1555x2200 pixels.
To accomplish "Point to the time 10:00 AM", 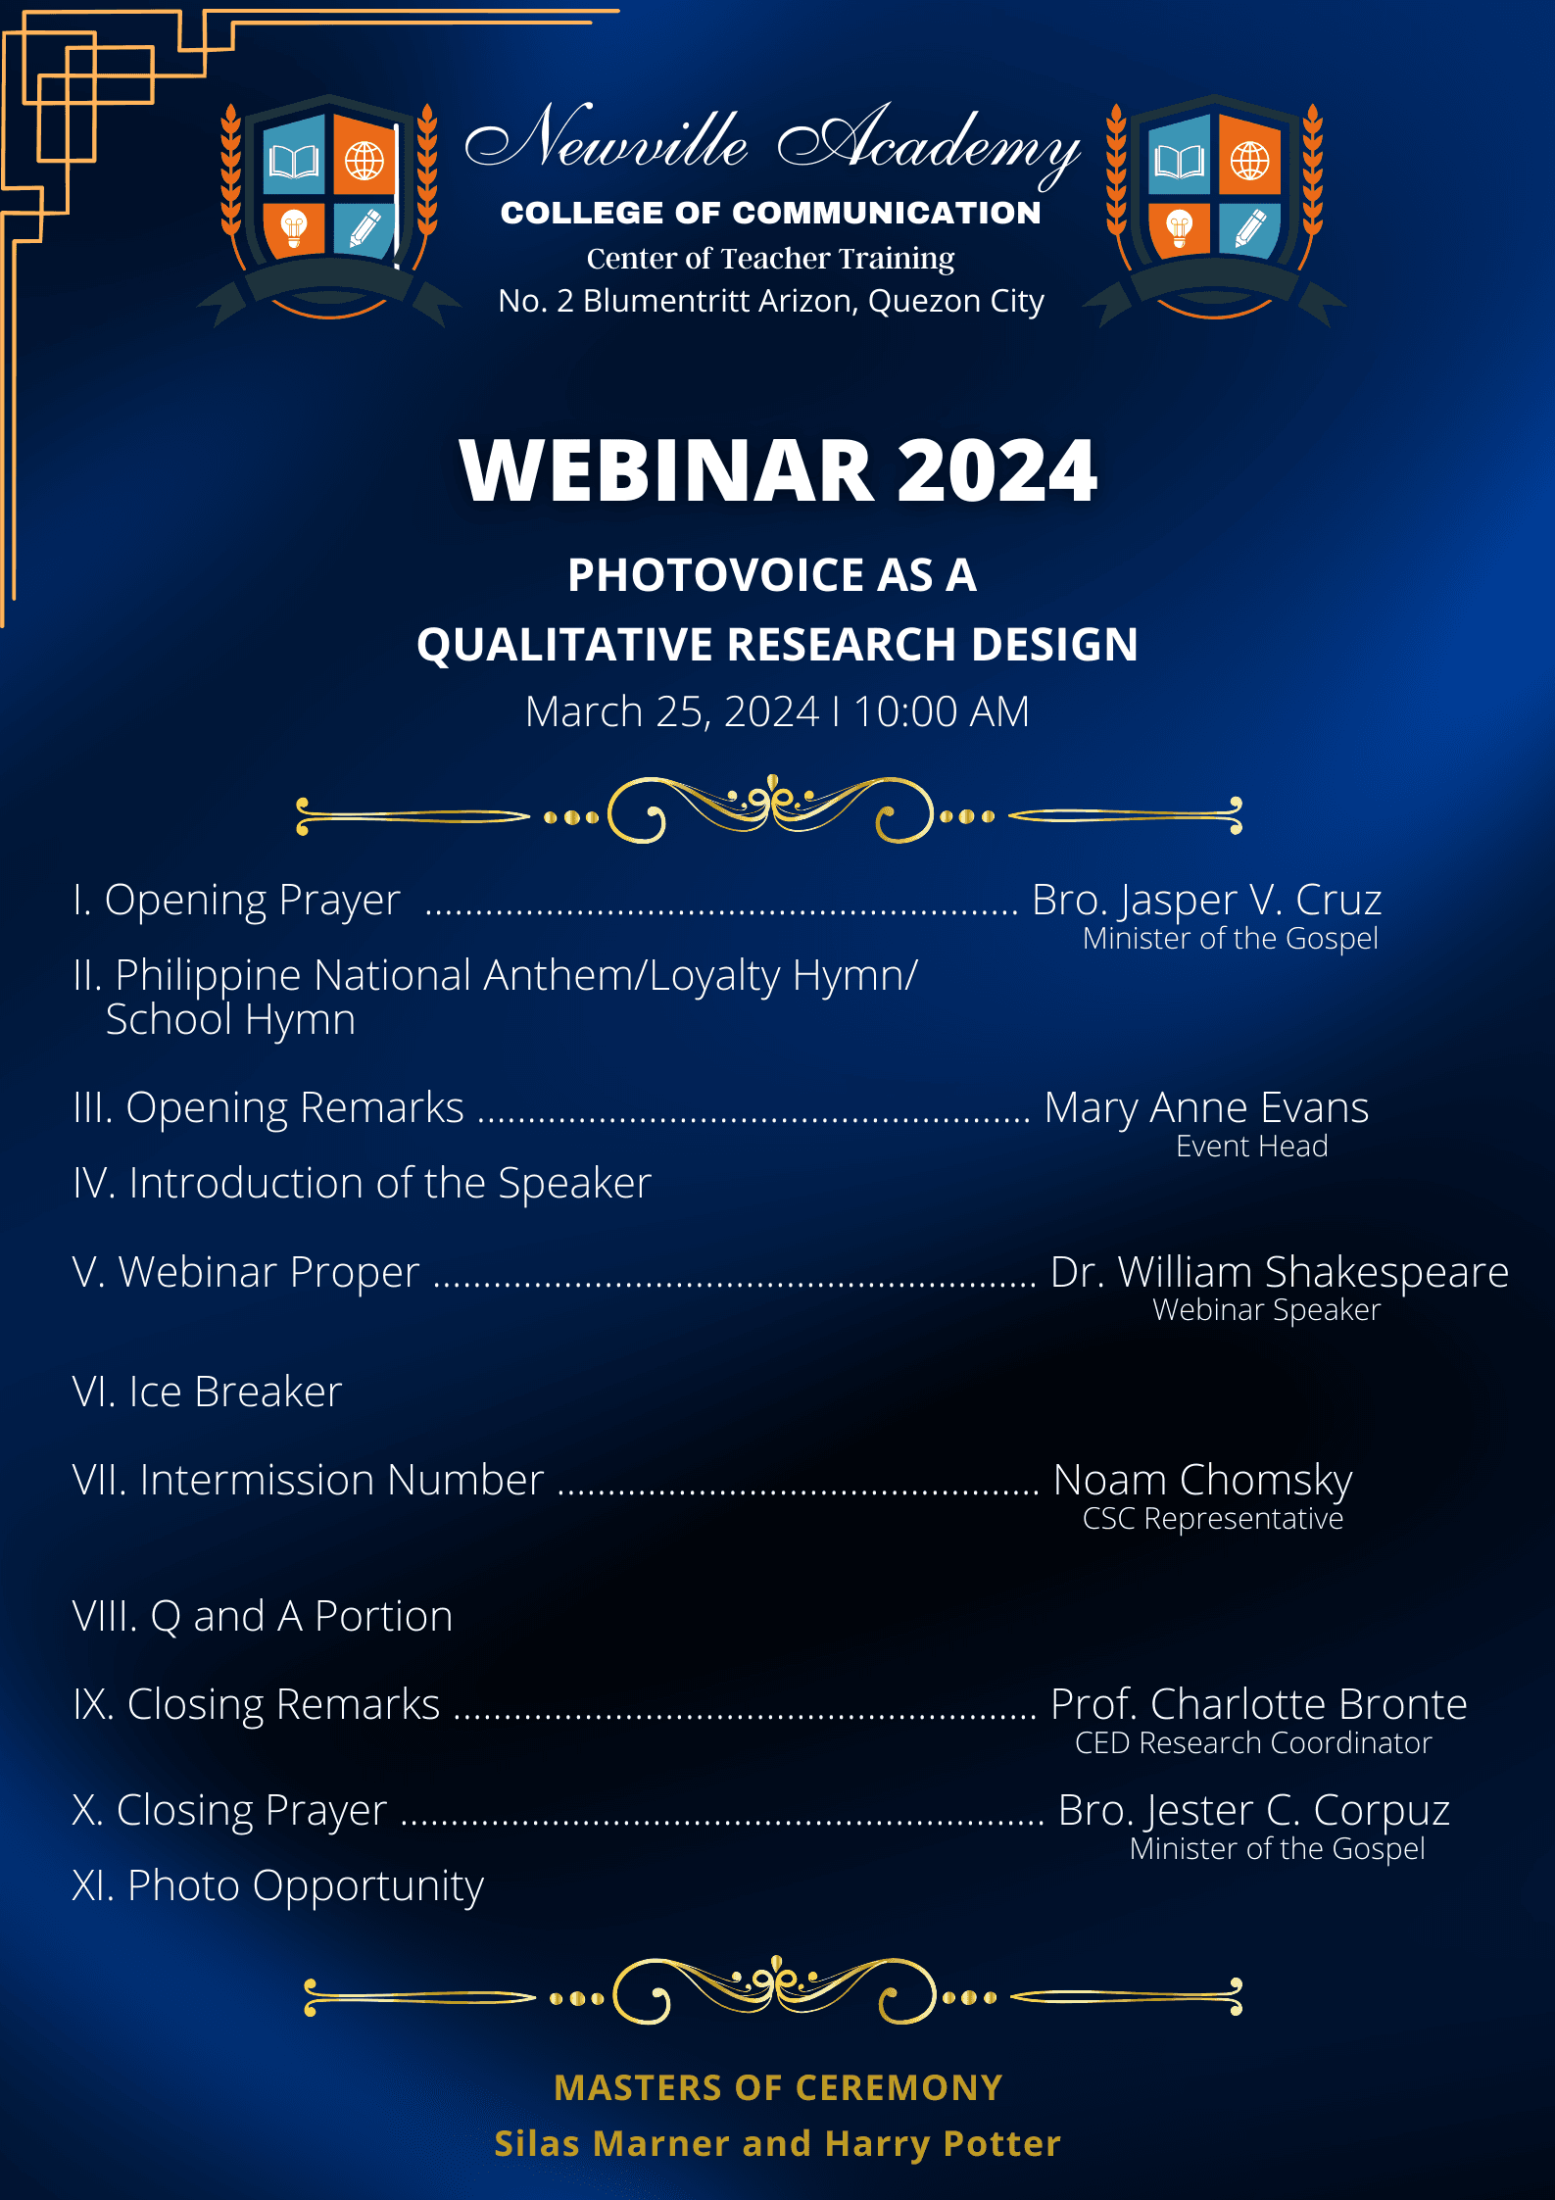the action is pyautogui.click(x=942, y=711).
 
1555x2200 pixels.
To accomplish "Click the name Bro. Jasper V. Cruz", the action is pyautogui.click(x=1206, y=900).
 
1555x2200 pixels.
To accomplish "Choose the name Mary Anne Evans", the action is pyautogui.click(x=1206, y=1108).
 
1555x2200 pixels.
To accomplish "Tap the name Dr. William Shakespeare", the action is pyautogui.click(x=1279, y=1272).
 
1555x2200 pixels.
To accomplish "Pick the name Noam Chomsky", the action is pyautogui.click(x=1202, y=1481).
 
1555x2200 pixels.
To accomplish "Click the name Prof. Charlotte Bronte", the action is pyautogui.click(x=1258, y=1705).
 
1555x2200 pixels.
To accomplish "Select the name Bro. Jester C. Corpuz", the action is pyautogui.click(x=1253, y=1811).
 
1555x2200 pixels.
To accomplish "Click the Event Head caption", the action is pyautogui.click(x=1251, y=1147).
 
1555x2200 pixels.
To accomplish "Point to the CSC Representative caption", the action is pyautogui.click(x=1212, y=1519).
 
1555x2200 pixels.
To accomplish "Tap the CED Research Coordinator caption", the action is pyautogui.click(x=1253, y=1743).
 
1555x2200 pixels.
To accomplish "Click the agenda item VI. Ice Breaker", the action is pyautogui.click(x=207, y=1392).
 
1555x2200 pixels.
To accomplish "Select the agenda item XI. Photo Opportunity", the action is pyautogui.click(x=277, y=1886).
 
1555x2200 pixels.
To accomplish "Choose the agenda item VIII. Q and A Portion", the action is pyautogui.click(x=263, y=1617).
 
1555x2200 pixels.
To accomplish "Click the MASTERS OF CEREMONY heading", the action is pyautogui.click(x=778, y=2087).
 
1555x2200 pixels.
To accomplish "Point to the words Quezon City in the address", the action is pyautogui.click(x=955, y=302).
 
